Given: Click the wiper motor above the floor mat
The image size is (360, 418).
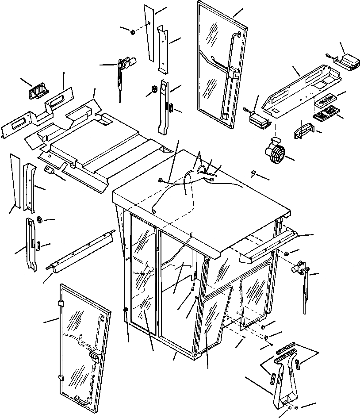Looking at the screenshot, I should pos(126,64).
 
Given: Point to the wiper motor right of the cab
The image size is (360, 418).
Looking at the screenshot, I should pos(299,268).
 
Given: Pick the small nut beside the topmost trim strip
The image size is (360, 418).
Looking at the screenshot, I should pos(132,31).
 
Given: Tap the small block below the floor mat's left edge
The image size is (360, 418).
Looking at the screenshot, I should pos(49,171).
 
